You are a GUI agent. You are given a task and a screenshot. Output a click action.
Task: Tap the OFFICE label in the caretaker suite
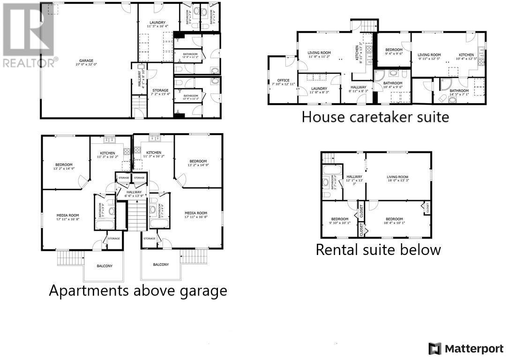click(283, 82)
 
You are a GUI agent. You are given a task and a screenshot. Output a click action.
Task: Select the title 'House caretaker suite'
click(375, 116)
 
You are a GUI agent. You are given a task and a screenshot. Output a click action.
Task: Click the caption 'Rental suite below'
click(378, 249)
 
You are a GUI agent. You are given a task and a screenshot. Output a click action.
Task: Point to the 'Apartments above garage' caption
click(138, 291)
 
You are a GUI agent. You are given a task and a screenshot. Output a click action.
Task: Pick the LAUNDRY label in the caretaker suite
click(319, 90)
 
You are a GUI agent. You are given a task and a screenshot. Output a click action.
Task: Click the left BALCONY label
click(105, 266)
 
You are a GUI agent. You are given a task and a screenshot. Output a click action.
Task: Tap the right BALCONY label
click(161, 264)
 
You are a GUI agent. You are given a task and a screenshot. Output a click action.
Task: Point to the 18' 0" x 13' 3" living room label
click(398, 179)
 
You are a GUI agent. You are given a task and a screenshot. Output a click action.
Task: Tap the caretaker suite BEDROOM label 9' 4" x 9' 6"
click(394, 52)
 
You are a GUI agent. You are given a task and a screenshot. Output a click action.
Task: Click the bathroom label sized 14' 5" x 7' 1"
click(459, 93)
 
